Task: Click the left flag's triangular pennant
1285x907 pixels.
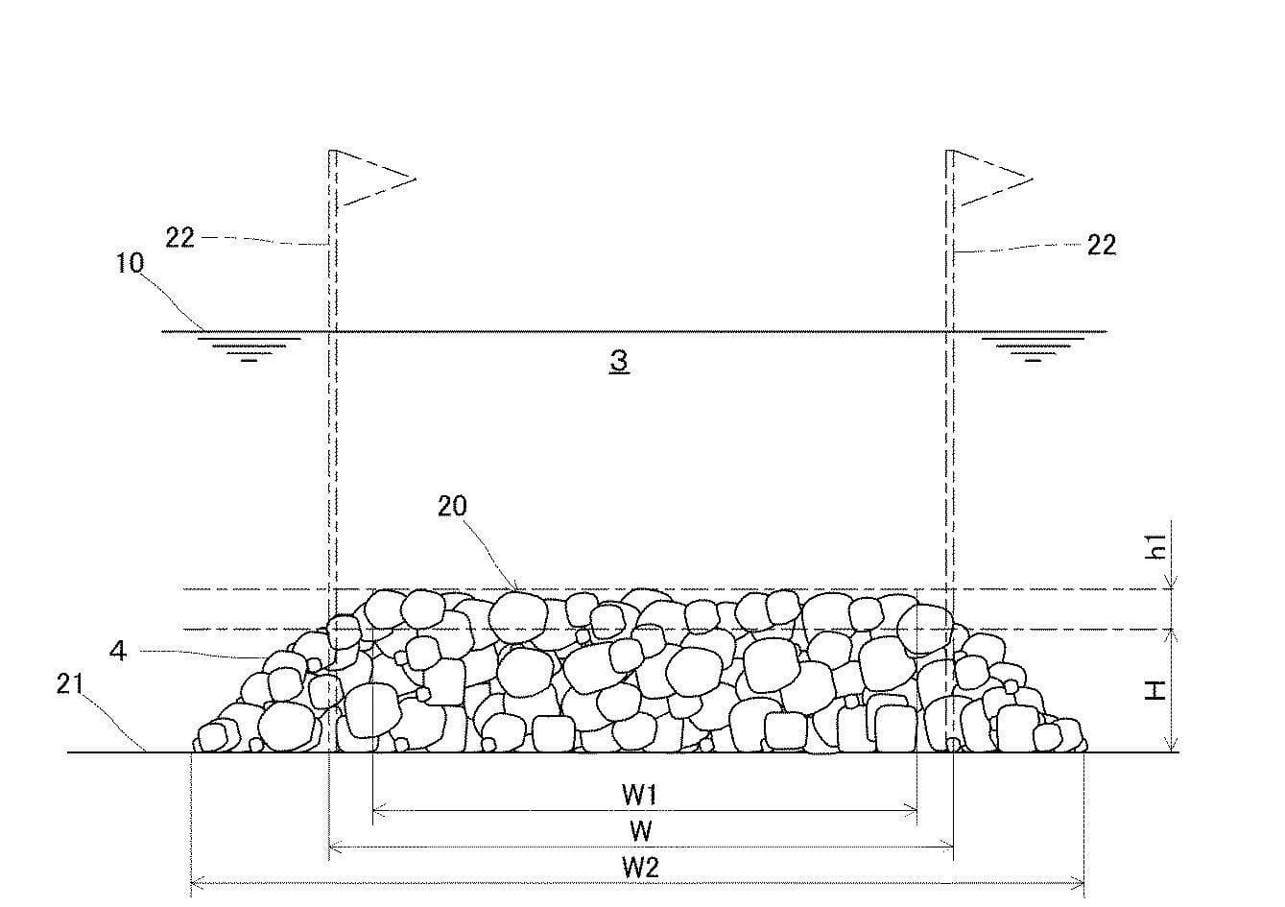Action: [x=373, y=179]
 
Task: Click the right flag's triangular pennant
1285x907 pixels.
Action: [x=990, y=179]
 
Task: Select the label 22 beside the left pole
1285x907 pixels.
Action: [x=180, y=237]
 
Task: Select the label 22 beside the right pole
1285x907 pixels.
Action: [x=1102, y=246]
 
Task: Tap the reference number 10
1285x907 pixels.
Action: [x=131, y=263]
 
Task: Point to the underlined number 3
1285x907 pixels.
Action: [x=619, y=362]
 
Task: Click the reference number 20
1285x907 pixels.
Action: [x=453, y=507]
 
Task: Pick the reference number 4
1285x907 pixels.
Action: [x=118, y=651]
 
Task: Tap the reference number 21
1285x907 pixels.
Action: [x=70, y=684]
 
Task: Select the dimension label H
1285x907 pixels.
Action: [x=1155, y=690]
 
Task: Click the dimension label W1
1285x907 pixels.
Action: [x=640, y=795]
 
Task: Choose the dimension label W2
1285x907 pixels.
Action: [x=640, y=868]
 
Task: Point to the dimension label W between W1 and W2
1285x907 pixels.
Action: [x=641, y=831]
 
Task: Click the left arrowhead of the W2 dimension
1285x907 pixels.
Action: [x=195, y=883]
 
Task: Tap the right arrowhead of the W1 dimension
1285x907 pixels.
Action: [x=912, y=811]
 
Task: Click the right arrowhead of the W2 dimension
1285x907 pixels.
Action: [x=1079, y=883]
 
